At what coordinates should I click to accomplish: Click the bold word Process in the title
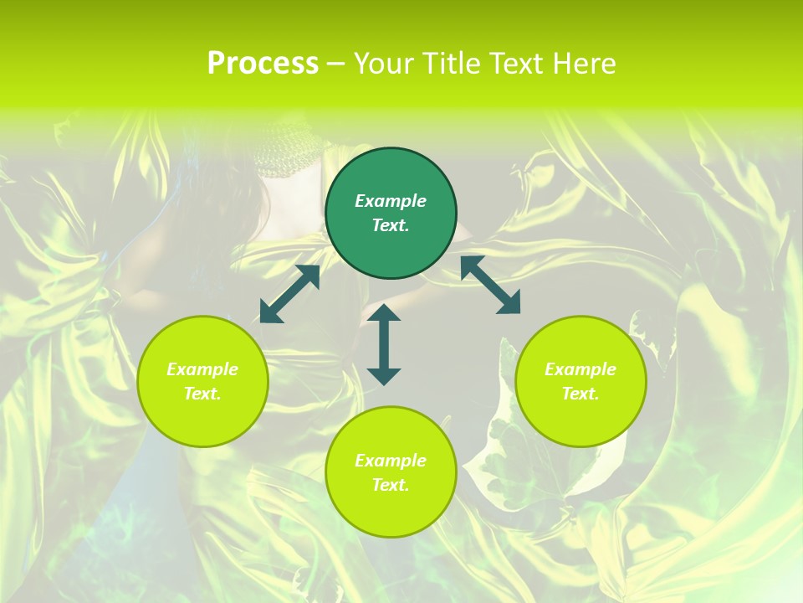(263, 64)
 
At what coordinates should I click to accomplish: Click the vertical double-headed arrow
(384, 344)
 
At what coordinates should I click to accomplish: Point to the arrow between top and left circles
(289, 294)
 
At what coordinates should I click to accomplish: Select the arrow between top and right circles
(490, 285)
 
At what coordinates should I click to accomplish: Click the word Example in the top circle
(391, 201)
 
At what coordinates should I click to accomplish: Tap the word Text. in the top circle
(391, 225)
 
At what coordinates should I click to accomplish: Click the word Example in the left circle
(202, 369)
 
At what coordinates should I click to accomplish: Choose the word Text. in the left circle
(202, 394)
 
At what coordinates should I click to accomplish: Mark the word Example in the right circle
(581, 369)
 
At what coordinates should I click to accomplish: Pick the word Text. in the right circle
(581, 394)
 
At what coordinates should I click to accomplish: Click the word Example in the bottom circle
(391, 461)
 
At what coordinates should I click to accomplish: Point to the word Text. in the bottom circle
(391, 485)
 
